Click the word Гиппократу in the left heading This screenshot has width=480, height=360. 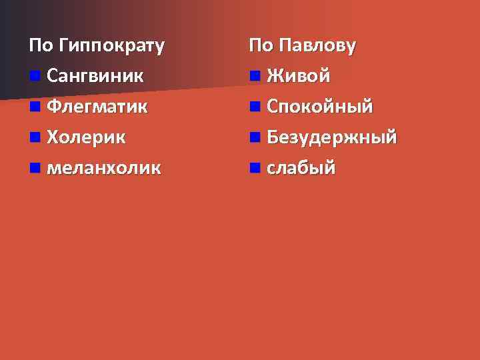[x=111, y=46]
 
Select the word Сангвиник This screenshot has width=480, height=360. [x=95, y=75]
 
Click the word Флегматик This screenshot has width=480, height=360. [x=98, y=106]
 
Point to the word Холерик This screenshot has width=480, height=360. [x=86, y=137]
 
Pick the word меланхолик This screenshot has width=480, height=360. [x=104, y=167]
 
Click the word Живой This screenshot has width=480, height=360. [x=299, y=75]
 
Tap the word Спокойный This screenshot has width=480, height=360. [x=320, y=106]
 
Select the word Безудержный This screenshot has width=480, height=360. [x=332, y=137]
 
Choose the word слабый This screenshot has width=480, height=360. [x=301, y=167]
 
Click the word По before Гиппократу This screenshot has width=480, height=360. [x=41, y=46]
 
